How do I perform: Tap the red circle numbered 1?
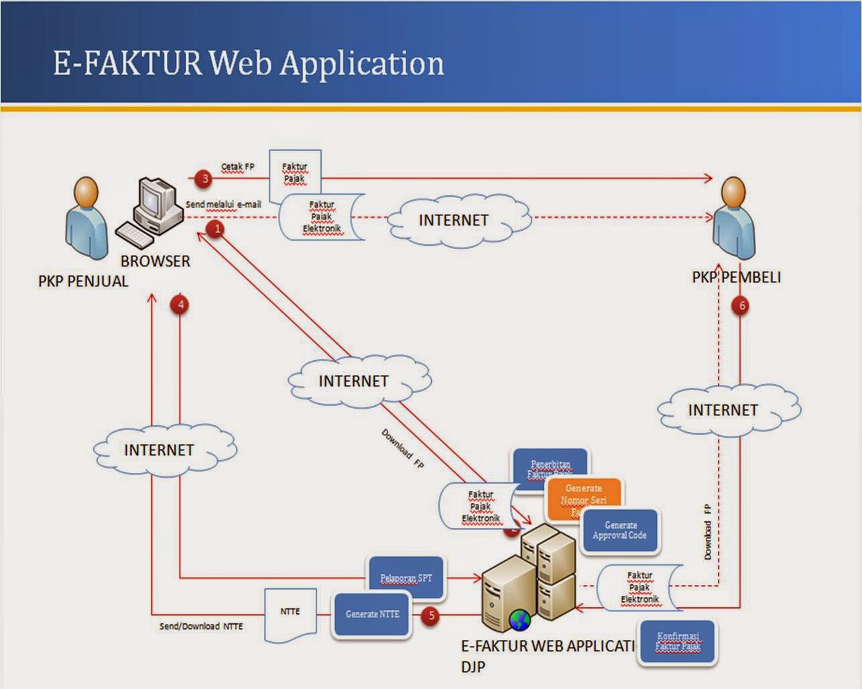pyautogui.click(x=216, y=229)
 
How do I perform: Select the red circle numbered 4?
pyautogui.click(x=179, y=305)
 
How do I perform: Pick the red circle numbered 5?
pyautogui.click(x=430, y=615)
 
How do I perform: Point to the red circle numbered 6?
pyautogui.click(x=741, y=306)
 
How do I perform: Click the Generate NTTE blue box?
pyautogui.click(x=372, y=614)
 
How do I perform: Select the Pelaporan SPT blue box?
pyautogui.click(x=406, y=578)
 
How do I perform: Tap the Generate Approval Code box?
pyautogui.click(x=620, y=531)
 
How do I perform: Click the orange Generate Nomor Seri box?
pyautogui.click(x=583, y=498)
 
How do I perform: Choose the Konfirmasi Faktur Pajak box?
pyautogui.click(x=677, y=643)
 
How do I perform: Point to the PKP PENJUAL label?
pyautogui.click(x=83, y=281)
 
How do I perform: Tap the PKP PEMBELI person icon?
pyautogui.click(x=734, y=218)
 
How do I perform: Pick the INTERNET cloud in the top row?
pyautogui.click(x=454, y=220)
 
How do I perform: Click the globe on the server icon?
pyautogui.click(x=519, y=620)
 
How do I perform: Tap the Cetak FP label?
pyautogui.click(x=238, y=167)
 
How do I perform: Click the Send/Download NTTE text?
pyautogui.click(x=201, y=627)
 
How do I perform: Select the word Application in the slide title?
pyautogui.click(x=362, y=64)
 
